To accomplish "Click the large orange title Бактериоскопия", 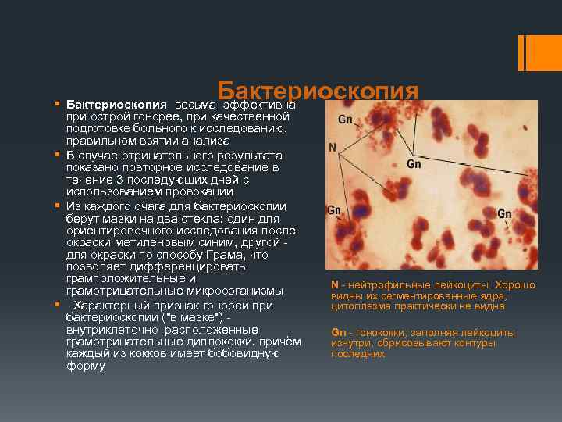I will (318, 92).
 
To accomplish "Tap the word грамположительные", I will (125, 278).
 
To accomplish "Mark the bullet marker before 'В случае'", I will (57, 155).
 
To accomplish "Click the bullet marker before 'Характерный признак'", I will (57, 304).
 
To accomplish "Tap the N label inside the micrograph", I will (332, 147).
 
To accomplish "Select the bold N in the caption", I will (334, 285).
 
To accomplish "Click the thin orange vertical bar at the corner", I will (521, 53).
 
